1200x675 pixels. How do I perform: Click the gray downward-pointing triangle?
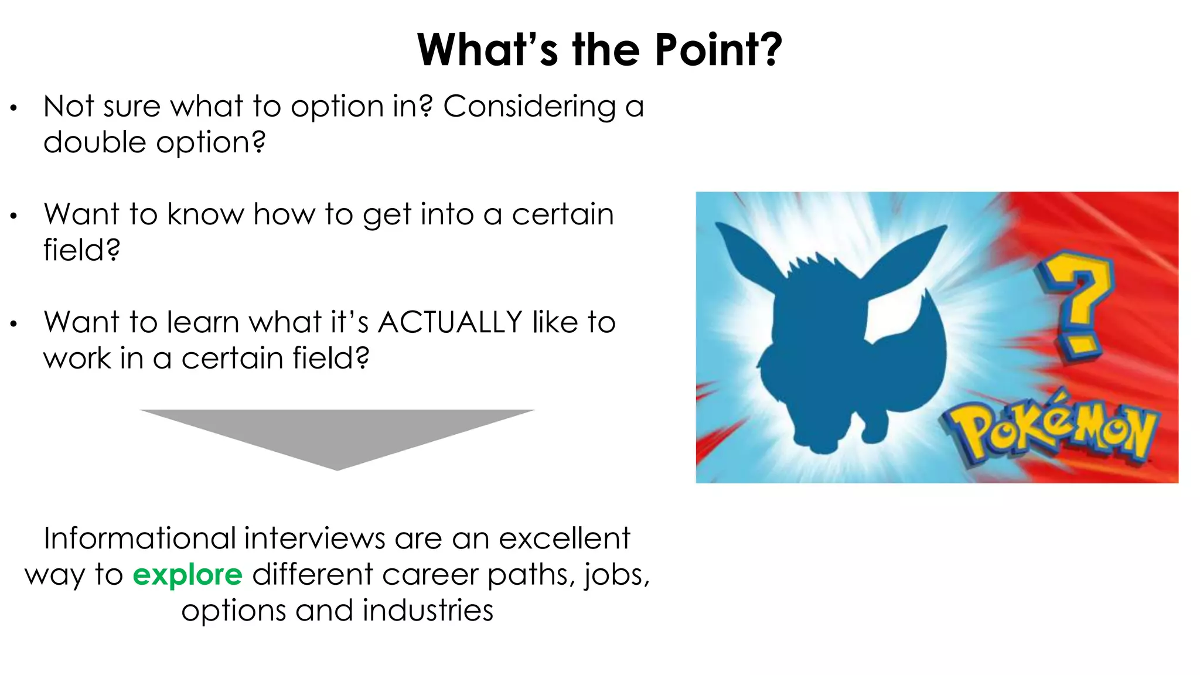pos(337,434)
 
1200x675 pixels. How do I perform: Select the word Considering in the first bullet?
pos(529,107)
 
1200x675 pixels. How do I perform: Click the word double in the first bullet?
pos(94,142)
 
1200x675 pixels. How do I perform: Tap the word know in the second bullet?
pos(205,214)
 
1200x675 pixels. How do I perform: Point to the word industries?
pos(428,611)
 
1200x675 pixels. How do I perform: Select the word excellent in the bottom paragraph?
pos(564,538)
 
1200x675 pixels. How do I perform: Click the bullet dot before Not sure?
pos(13,108)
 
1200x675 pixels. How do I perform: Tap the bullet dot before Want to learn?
pos(13,323)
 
